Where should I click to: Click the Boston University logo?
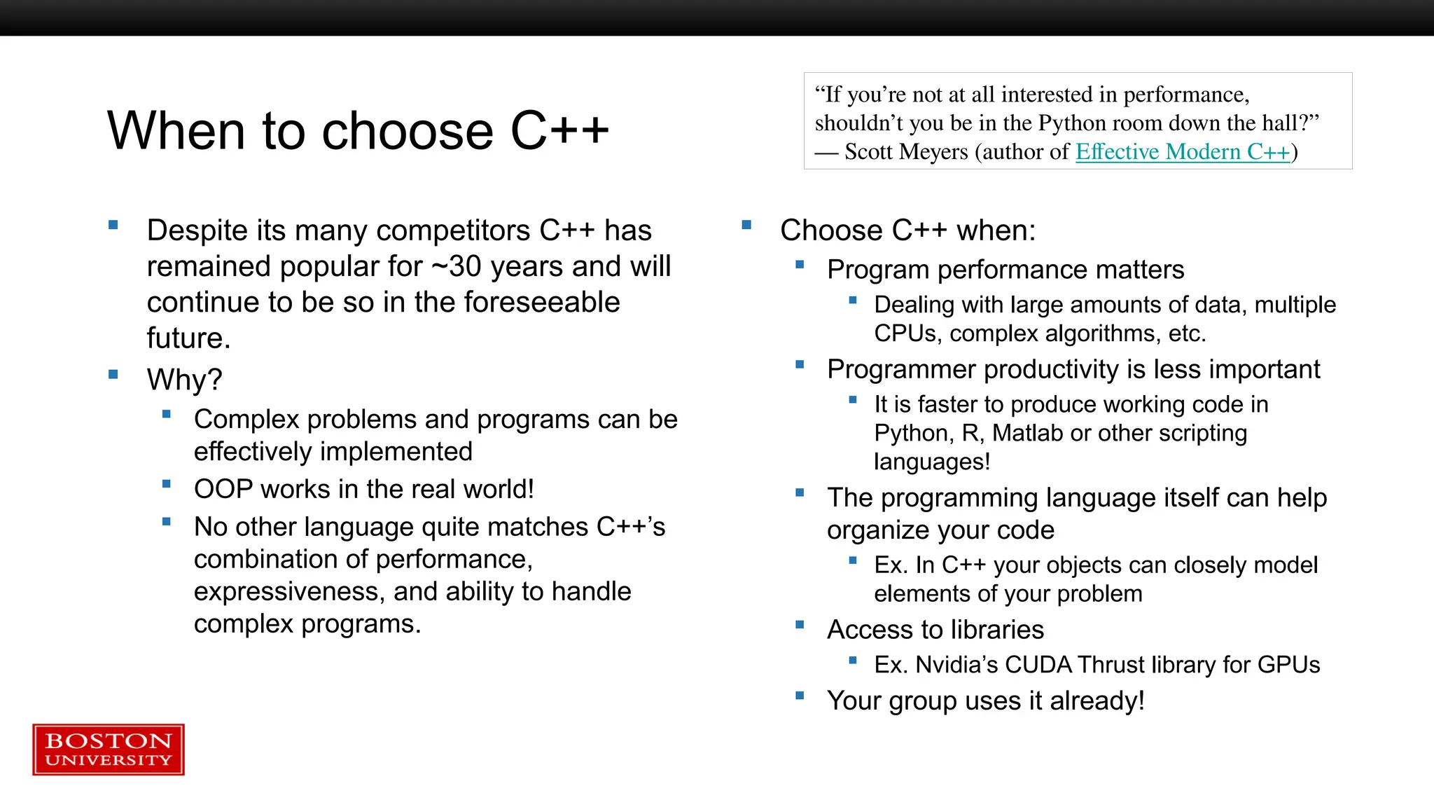tap(109, 750)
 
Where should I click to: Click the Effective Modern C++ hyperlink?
tap(1182, 152)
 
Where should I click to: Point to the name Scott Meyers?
tap(906, 152)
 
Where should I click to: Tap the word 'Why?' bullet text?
tap(184, 380)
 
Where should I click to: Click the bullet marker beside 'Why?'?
tap(113, 375)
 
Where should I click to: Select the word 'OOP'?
tap(223, 489)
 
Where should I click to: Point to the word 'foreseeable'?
tap(541, 303)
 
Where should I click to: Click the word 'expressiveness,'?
tap(289, 592)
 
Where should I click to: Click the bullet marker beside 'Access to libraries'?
tap(800, 625)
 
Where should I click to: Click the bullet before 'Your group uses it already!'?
tap(800, 696)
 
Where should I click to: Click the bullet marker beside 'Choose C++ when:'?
tap(746, 225)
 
